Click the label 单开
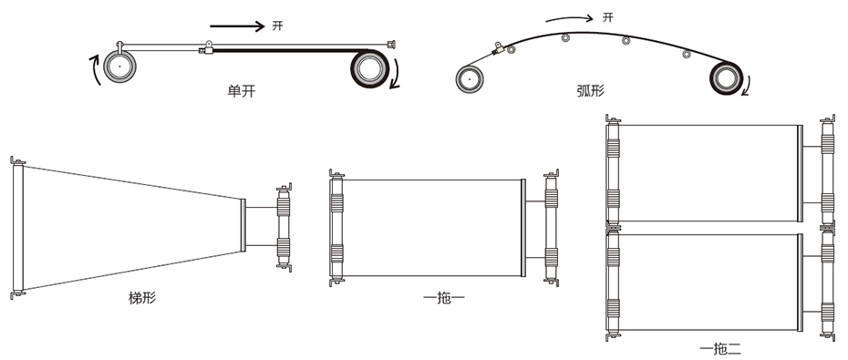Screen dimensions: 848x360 242,91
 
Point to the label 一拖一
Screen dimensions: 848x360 443,298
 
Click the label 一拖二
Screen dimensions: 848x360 719,350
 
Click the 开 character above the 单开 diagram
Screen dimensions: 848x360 277,26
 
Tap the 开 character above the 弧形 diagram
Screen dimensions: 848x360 608,17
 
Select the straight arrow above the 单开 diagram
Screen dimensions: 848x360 237,26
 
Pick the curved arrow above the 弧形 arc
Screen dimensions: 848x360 570,18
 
